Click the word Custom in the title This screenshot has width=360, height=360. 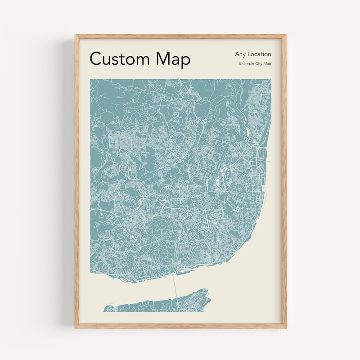pos(120,59)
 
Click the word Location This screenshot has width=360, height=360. pos(260,54)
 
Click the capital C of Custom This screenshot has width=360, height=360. pos(95,59)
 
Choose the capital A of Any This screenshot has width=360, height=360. pos(237,54)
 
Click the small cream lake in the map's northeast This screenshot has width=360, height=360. pos(248,131)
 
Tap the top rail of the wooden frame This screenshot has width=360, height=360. pos(180,36)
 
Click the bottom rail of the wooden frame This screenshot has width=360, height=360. pos(180,326)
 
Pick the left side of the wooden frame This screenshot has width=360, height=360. pos(77,180)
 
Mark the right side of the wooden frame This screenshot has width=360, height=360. pos(284,180)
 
